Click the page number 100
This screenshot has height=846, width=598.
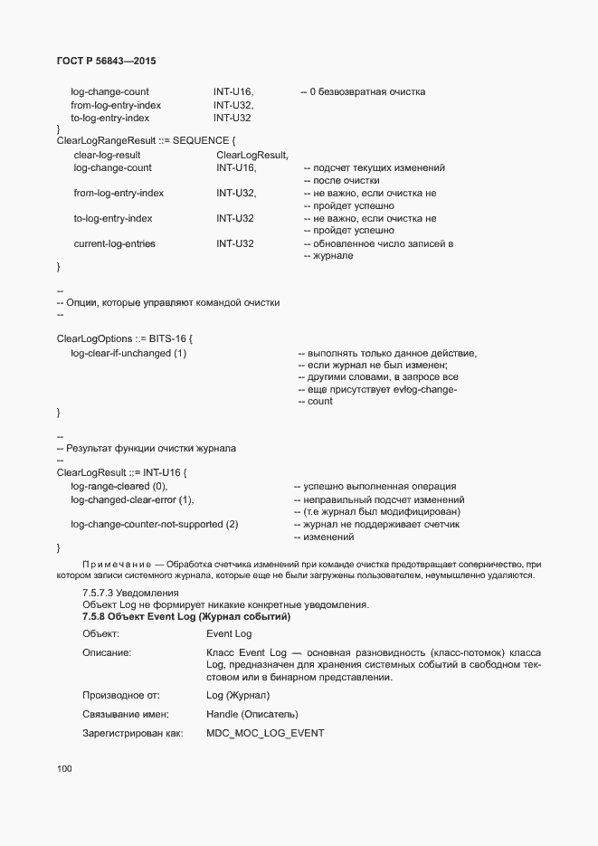[x=64, y=769]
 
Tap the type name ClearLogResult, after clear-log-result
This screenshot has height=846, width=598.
[x=252, y=155]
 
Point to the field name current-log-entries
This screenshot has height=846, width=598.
[x=114, y=243]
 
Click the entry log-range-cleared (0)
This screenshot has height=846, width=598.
[x=119, y=486]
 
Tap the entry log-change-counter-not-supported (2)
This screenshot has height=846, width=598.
[x=154, y=524]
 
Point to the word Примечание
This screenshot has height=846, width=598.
[x=109, y=564]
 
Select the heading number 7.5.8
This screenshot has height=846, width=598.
[x=98, y=616]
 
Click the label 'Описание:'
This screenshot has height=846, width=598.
[x=108, y=652]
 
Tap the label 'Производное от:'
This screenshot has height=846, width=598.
[x=120, y=695]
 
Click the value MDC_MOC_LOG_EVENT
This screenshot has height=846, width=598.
[x=265, y=733]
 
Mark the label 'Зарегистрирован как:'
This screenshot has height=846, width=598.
[x=133, y=733]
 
